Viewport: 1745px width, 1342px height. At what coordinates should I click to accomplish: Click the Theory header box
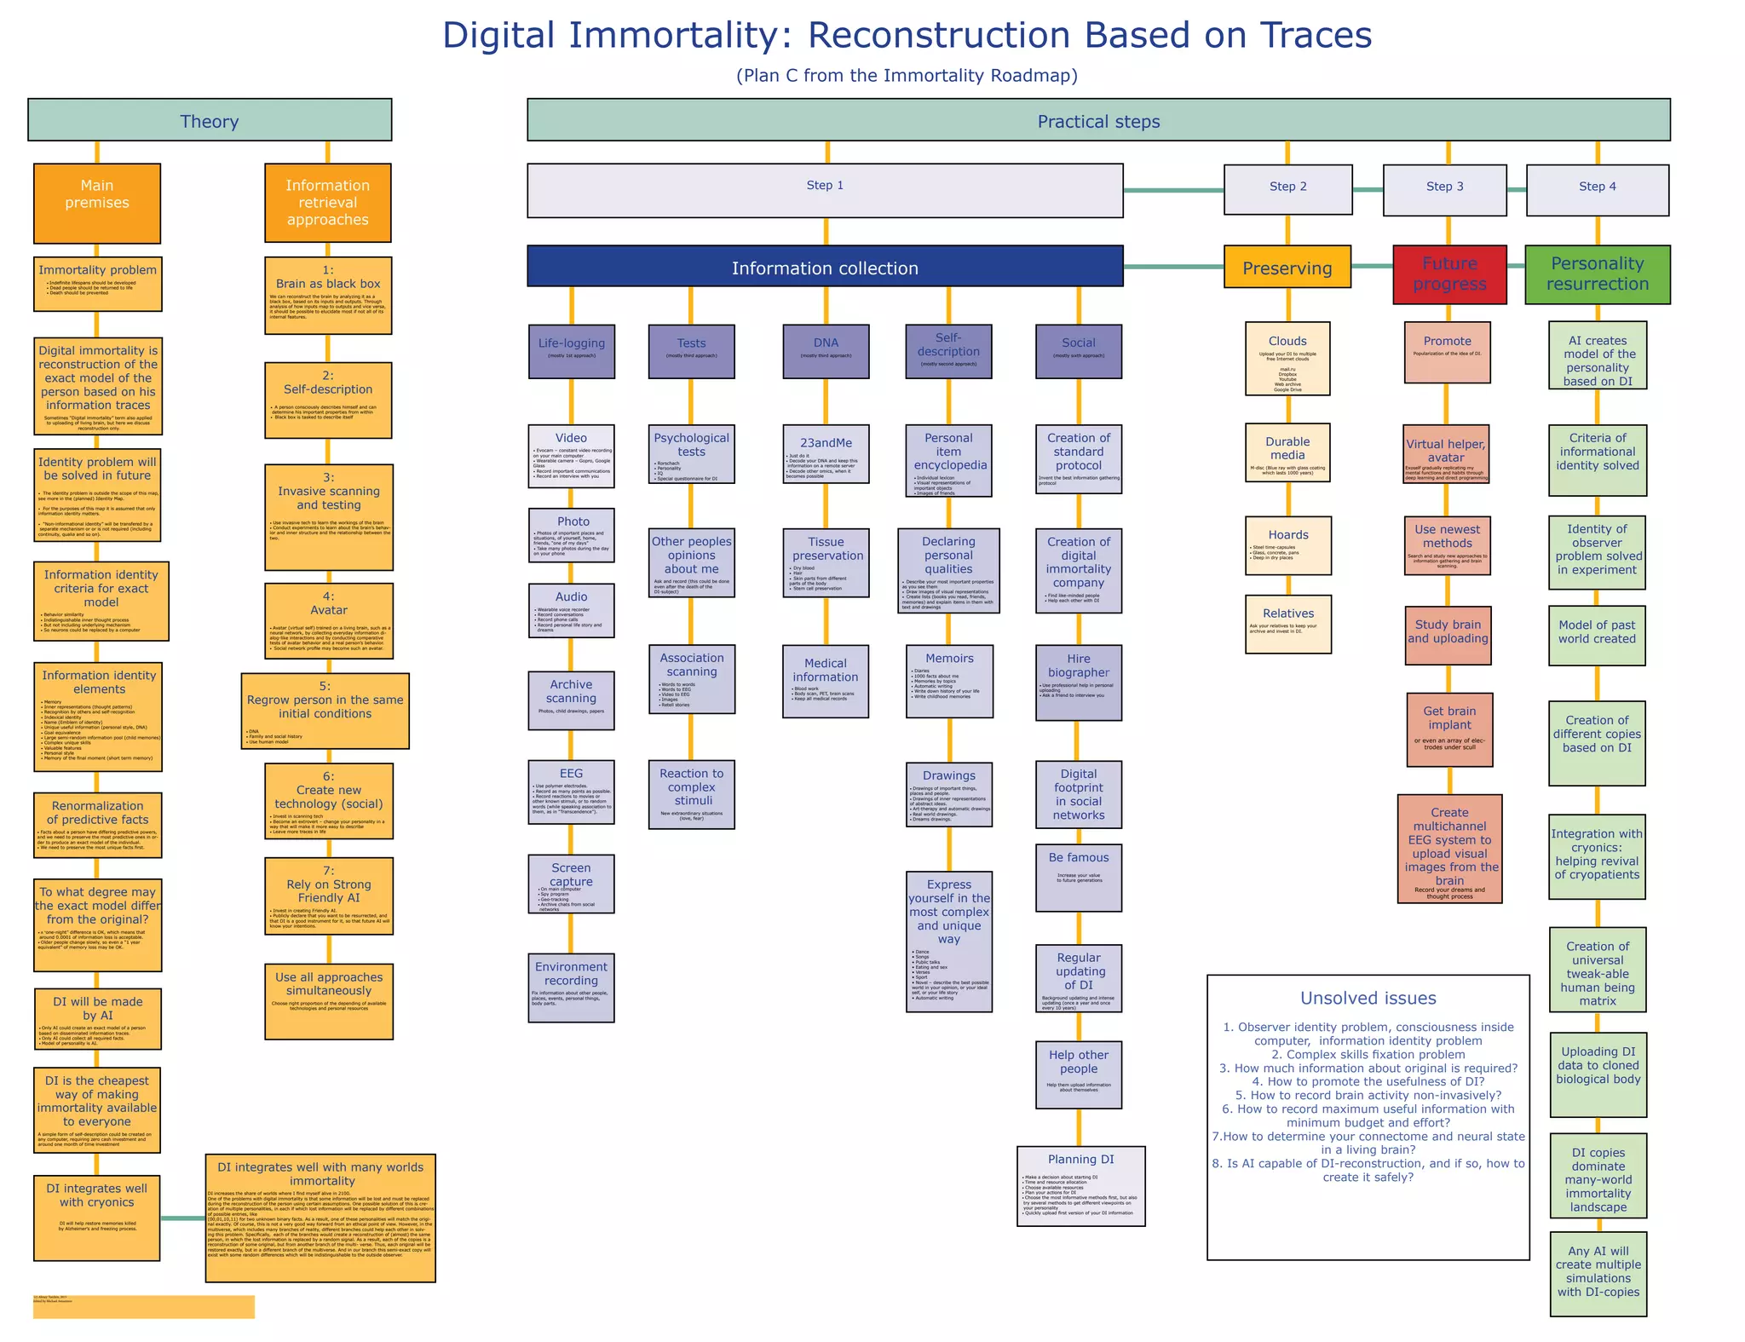coord(210,120)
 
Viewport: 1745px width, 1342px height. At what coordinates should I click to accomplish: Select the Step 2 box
coord(1287,188)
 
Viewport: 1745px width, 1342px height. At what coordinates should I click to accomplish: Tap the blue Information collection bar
coord(825,267)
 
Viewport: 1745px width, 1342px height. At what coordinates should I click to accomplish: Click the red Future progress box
coord(1449,274)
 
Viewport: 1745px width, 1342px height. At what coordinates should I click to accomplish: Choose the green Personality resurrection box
coord(1597,274)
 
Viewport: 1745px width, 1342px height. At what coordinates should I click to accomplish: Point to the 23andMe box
coord(826,454)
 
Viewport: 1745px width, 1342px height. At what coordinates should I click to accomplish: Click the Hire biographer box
coord(1079,682)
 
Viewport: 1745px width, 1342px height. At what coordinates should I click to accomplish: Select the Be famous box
coord(1079,877)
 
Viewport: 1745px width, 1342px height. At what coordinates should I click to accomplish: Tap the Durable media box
coord(1287,452)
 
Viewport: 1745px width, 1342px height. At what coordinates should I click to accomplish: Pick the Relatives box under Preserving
coord(1287,624)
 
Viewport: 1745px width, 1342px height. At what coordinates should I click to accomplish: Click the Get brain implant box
coord(1449,729)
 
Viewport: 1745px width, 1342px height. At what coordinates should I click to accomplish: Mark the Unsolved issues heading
coord(1368,999)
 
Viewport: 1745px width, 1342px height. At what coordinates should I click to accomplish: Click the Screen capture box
coord(571,884)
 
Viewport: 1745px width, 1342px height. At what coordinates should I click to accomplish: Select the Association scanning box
coord(691,678)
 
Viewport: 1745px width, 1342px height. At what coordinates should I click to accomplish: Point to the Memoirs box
coord(949,681)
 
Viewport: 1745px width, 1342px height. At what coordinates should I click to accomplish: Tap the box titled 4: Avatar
coord(328,620)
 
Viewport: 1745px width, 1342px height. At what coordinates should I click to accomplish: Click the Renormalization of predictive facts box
coord(98,825)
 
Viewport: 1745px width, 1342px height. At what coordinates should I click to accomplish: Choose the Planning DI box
coord(1080,1185)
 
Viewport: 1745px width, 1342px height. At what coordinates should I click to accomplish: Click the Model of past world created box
coord(1597,636)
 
